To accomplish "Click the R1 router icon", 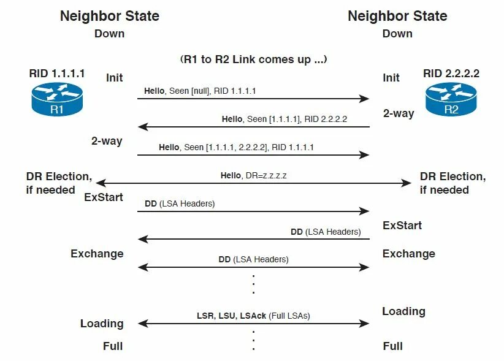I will [x=56, y=101].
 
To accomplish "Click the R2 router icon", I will [x=451, y=101].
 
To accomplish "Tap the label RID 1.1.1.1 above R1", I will [x=57, y=74].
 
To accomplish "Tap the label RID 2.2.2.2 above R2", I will [x=451, y=74].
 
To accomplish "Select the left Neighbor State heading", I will [x=109, y=16].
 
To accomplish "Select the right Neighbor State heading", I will [x=397, y=16].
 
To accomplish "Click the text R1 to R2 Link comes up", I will [x=253, y=59].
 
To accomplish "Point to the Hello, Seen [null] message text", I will [x=200, y=91].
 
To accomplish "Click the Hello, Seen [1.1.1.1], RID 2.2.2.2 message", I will [x=284, y=119].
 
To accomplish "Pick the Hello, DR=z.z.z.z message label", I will [x=254, y=175].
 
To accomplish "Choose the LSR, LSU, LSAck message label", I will [x=253, y=316].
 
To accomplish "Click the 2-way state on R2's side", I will [x=399, y=113].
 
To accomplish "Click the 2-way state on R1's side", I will [x=107, y=141].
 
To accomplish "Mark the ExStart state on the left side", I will [x=104, y=197].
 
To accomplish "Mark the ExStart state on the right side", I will [x=402, y=225].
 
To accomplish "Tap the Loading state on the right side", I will [x=403, y=311].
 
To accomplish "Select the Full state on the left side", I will [x=112, y=346].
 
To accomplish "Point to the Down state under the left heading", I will [x=109, y=34].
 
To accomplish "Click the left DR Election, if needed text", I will [x=59, y=183].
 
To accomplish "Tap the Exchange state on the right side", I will [x=409, y=253].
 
